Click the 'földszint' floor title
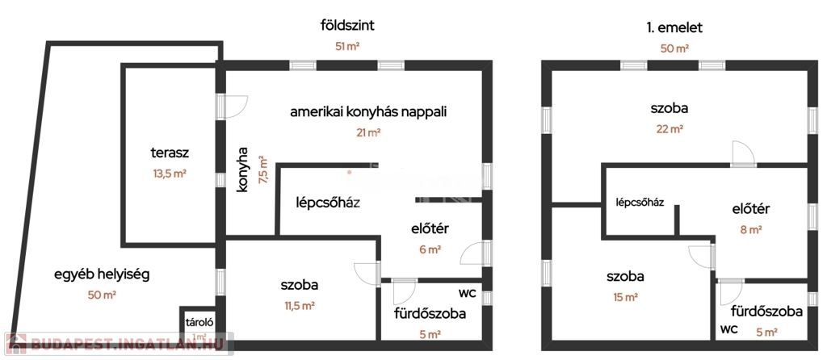[x=347, y=25]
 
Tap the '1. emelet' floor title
[x=674, y=28]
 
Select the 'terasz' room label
[x=170, y=153]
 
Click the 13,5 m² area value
[x=170, y=173]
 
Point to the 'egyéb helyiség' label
[x=103, y=275]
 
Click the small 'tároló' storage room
[x=199, y=324]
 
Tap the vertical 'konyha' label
[x=242, y=169]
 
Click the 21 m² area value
[x=368, y=132]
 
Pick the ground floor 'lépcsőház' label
[x=328, y=203]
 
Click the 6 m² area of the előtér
[x=430, y=249]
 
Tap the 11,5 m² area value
[x=299, y=305]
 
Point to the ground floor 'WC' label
[x=468, y=294]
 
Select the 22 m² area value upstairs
[x=670, y=128]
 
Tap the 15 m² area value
[x=625, y=297]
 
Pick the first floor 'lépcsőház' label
[x=640, y=202]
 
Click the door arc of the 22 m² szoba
[x=743, y=153]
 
